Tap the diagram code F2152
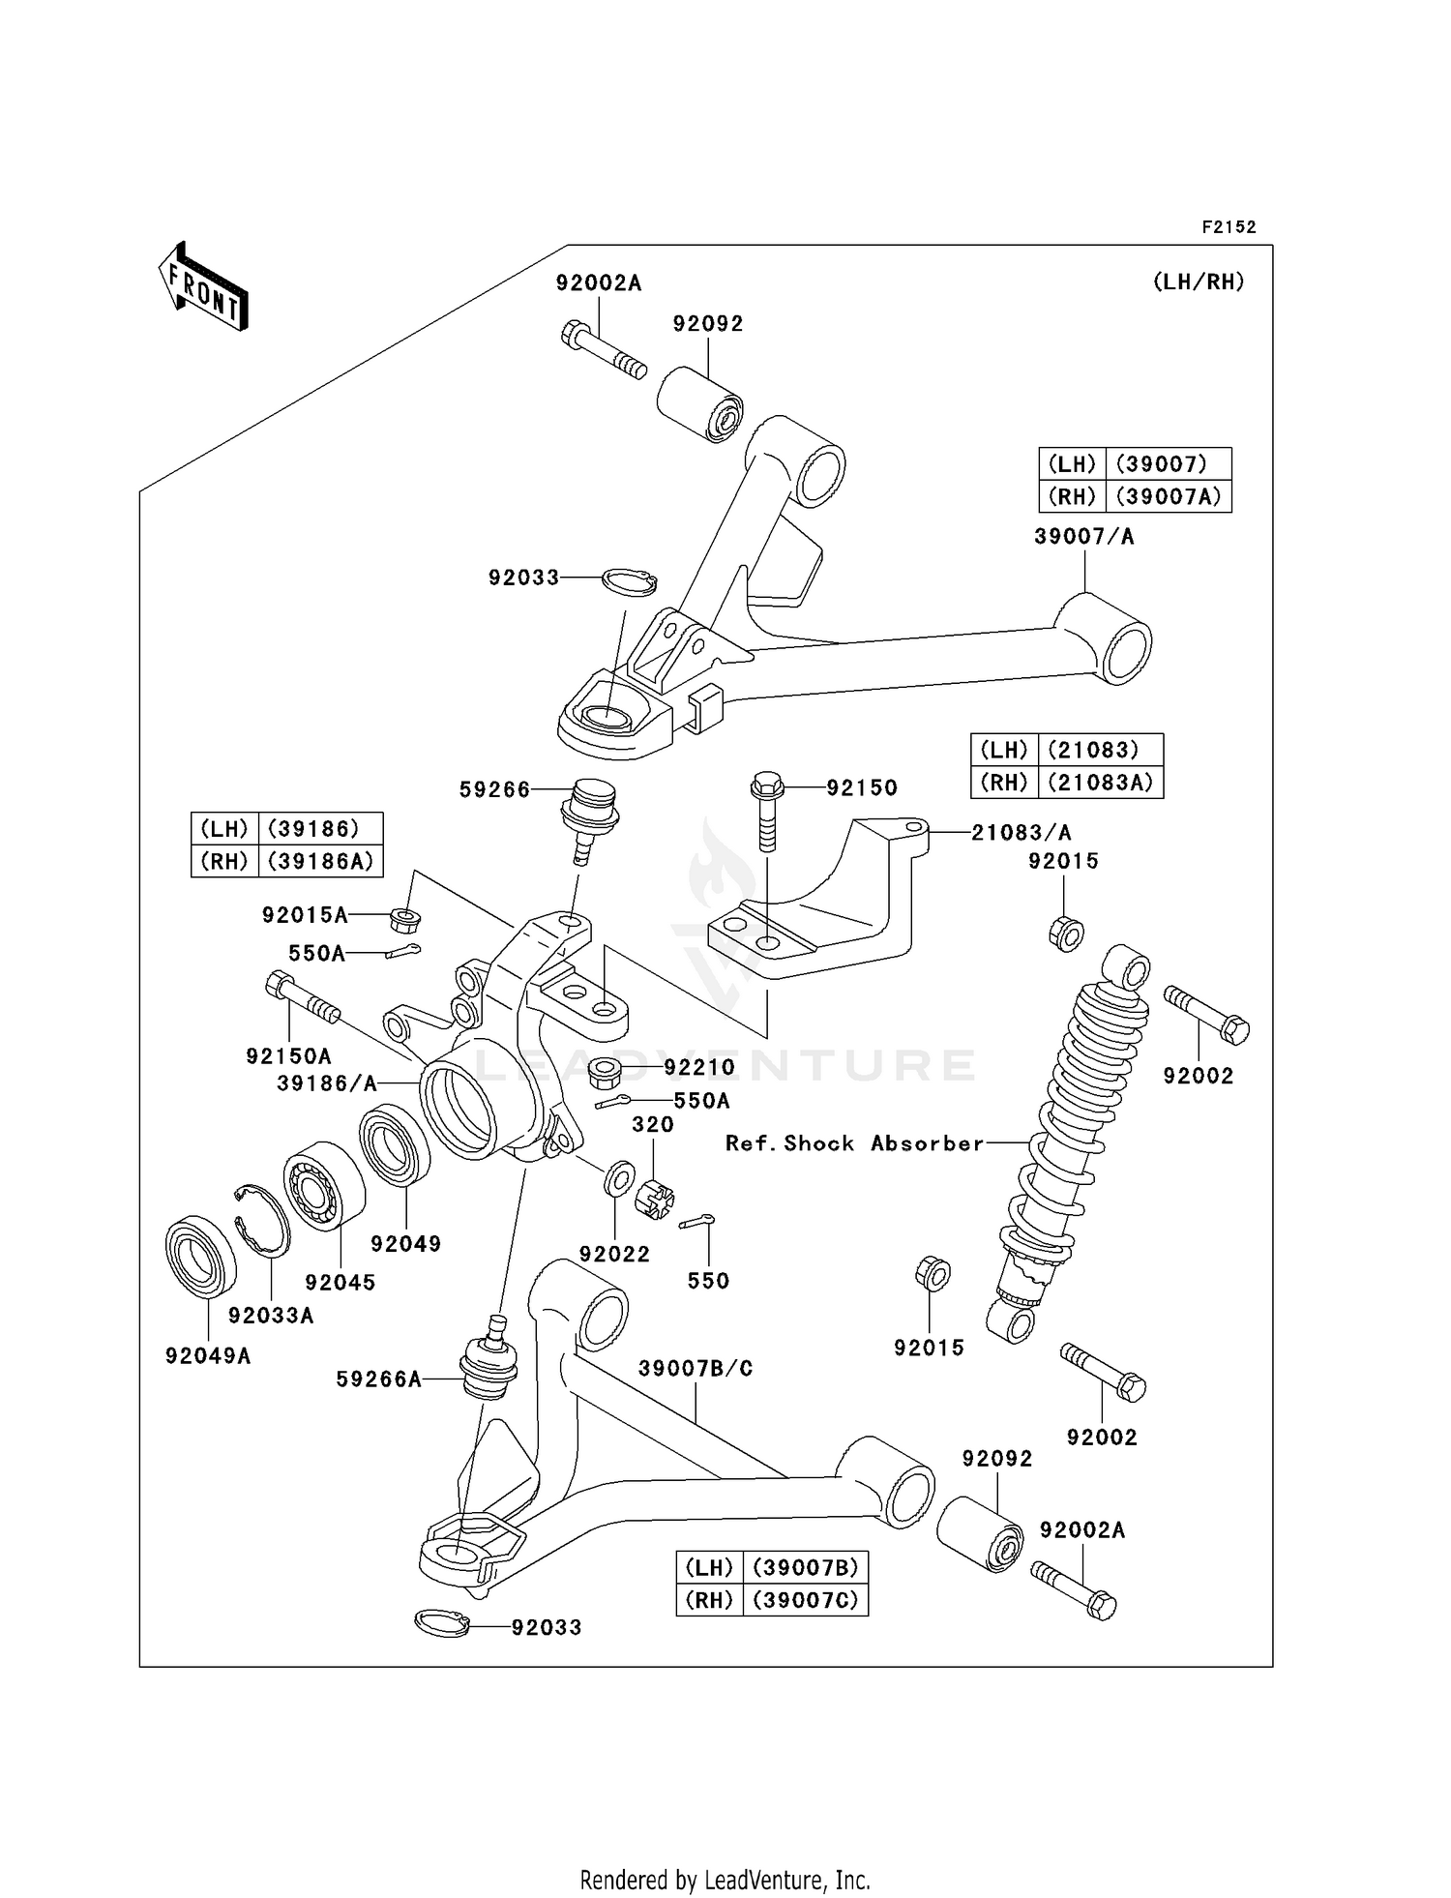pyautogui.click(x=1229, y=227)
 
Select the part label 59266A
pyautogui.click(x=378, y=1379)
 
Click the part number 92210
pyautogui.click(x=698, y=1067)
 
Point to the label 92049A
pyautogui.click(x=208, y=1356)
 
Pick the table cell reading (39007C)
pyautogui.click(x=805, y=1600)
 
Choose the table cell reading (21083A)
pyautogui.click(x=1100, y=782)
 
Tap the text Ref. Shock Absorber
pyautogui.click(x=854, y=1143)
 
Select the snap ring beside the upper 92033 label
pyautogui.click(x=629, y=581)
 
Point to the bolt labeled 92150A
pyautogui.click(x=302, y=998)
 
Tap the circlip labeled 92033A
pyautogui.click(x=262, y=1221)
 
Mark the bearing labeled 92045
pyautogui.click(x=324, y=1185)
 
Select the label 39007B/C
pyautogui.click(x=695, y=1369)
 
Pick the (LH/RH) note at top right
pyautogui.click(x=1198, y=282)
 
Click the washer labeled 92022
pyautogui.click(x=618, y=1178)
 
